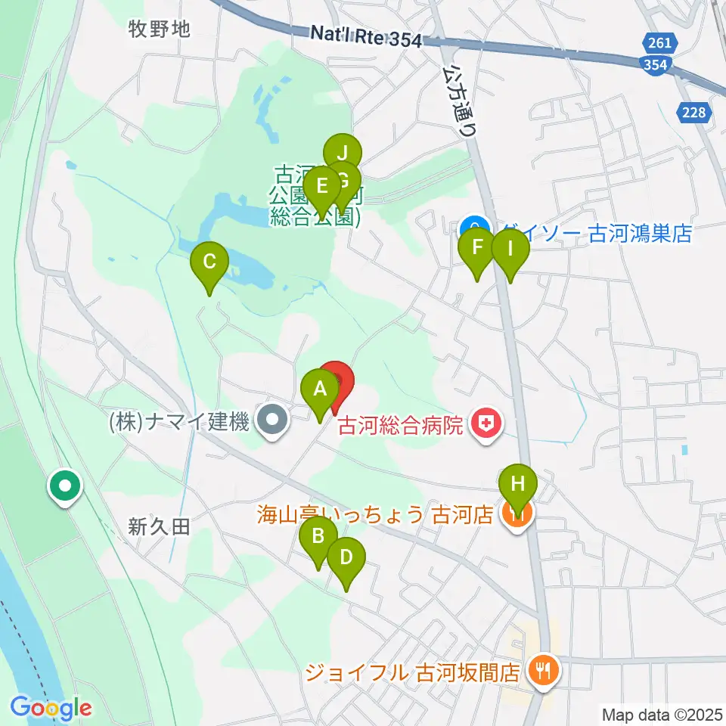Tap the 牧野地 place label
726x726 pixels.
pos(159,29)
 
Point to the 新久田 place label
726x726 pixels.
pos(159,527)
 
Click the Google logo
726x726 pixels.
pos(51,708)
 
